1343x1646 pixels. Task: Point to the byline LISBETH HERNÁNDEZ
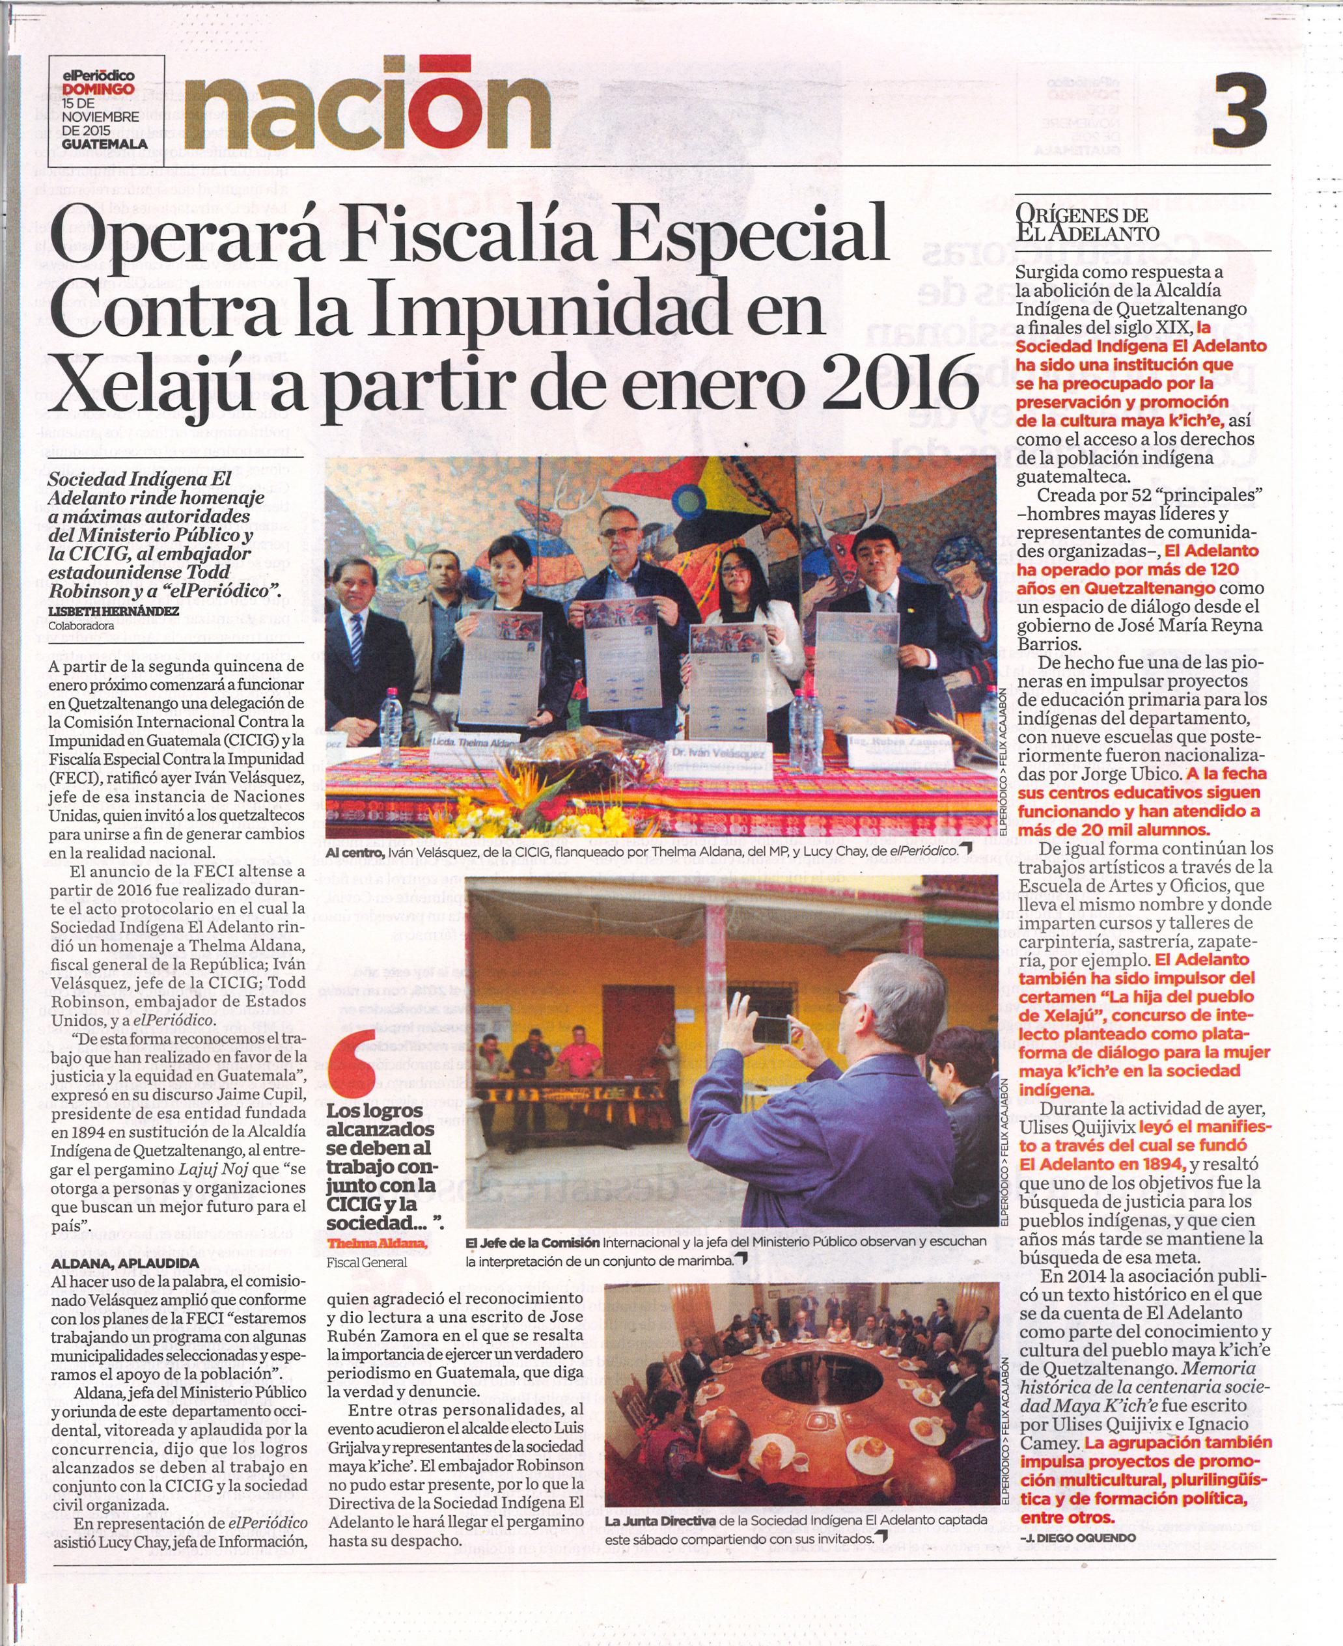(x=113, y=610)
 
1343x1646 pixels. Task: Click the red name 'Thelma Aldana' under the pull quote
(x=377, y=1243)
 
